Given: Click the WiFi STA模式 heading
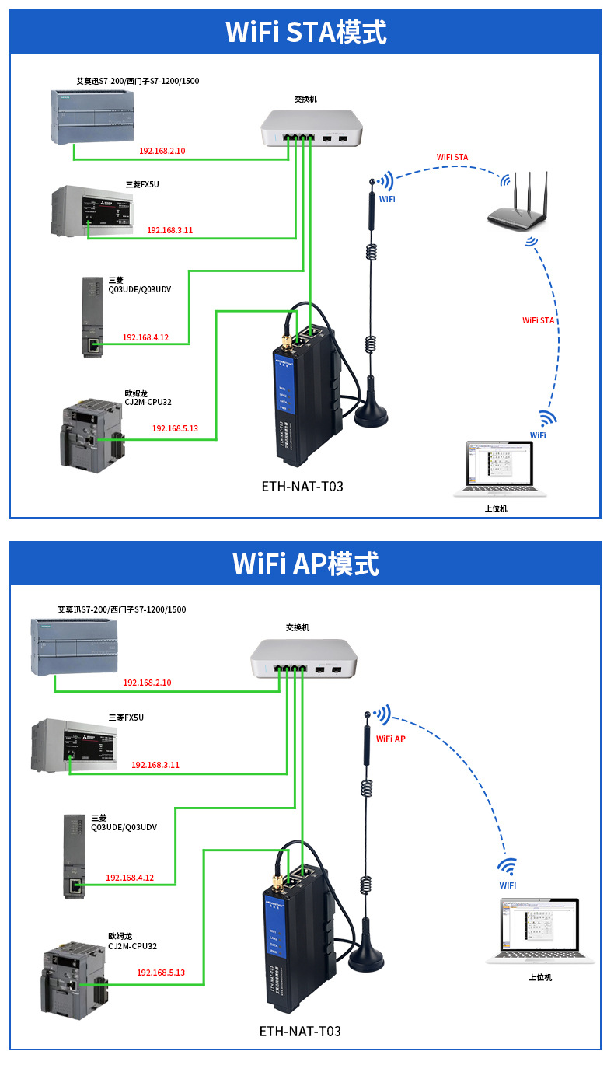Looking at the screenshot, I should [305, 33].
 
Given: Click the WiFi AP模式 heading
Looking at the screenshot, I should [305, 564].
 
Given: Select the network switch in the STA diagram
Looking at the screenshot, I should [312, 127].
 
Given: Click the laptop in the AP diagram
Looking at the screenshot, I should [539, 930].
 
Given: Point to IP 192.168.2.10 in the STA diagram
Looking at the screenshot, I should [162, 151].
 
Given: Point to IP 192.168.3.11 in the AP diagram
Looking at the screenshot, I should [155, 765].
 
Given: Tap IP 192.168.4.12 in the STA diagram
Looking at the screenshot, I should [145, 338].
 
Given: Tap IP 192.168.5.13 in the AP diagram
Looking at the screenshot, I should [161, 973].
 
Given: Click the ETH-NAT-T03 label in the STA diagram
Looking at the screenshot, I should [302, 487].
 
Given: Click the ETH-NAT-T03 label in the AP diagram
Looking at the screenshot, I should [300, 1032].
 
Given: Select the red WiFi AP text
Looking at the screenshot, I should [390, 739].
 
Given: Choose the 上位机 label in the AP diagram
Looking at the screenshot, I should [539, 977].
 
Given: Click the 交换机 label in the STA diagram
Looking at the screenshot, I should [305, 100].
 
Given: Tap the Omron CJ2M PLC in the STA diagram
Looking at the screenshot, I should [91, 432].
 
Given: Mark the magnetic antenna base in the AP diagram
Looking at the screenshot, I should [367, 957].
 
